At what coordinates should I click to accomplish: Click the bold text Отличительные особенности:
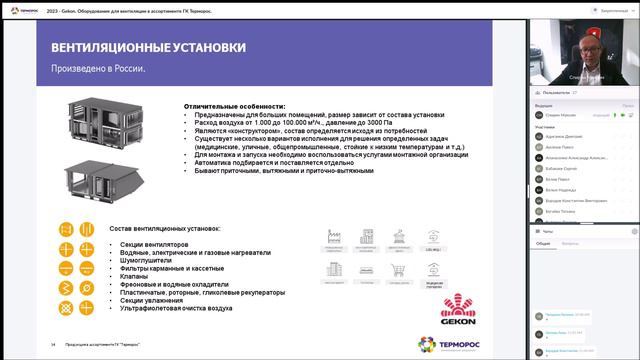pos(234,106)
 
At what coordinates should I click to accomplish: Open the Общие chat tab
pos(543,243)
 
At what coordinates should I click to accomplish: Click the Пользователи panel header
pos(560,91)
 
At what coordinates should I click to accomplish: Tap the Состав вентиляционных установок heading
pos(166,228)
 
